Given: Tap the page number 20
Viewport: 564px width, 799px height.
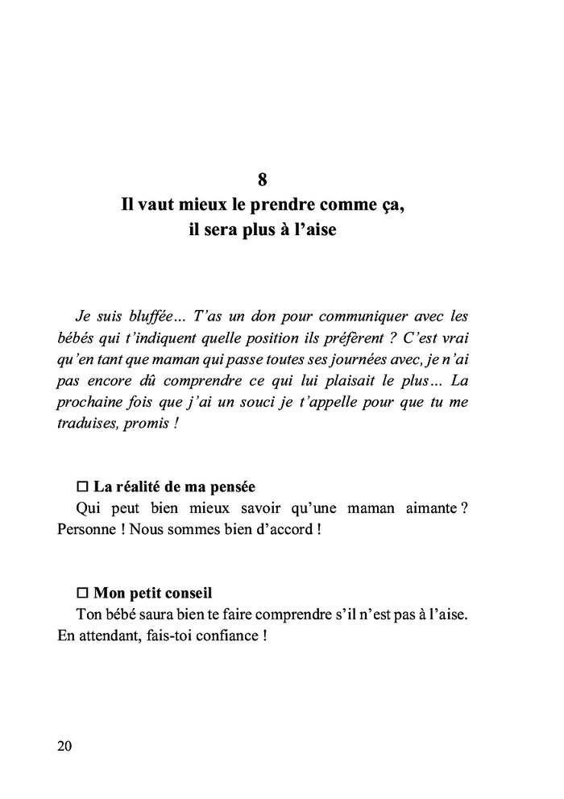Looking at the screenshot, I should tap(65, 746).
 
